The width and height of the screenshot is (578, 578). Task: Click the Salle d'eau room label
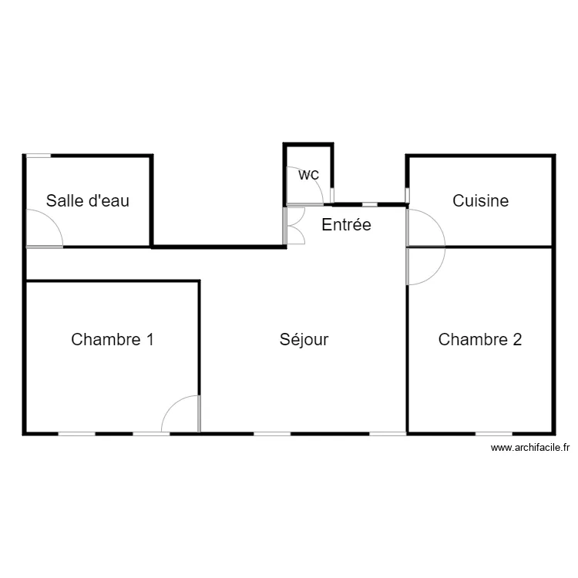pyautogui.click(x=88, y=201)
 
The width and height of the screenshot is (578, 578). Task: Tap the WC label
pyautogui.click(x=308, y=175)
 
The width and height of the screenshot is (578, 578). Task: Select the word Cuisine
pyautogui.click(x=480, y=201)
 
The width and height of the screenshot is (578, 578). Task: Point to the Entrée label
pyautogui.click(x=346, y=225)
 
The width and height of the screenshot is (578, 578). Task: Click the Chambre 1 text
pyautogui.click(x=112, y=339)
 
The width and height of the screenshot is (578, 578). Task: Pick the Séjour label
pyautogui.click(x=304, y=339)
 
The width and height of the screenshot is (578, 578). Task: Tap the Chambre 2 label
pyautogui.click(x=479, y=339)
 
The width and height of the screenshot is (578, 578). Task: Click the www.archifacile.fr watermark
pyautogui.click(x=529, y=448)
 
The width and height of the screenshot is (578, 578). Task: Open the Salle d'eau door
pyautogui.click(x=45, y=229)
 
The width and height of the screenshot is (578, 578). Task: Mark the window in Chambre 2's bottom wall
pyautogui.click(x=493, y=434)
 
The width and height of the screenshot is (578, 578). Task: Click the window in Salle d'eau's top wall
pyautogui.click(x=39, y=156)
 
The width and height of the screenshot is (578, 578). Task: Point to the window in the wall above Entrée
pyautogui.click(x=370, y=204)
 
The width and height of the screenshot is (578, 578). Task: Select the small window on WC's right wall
pyautogui.click(x=332, y=193)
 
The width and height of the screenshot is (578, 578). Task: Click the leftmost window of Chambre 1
pyautogui.click(x=77, y=434)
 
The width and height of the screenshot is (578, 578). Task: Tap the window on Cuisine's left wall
pyautogui.click(x=408, y=194)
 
